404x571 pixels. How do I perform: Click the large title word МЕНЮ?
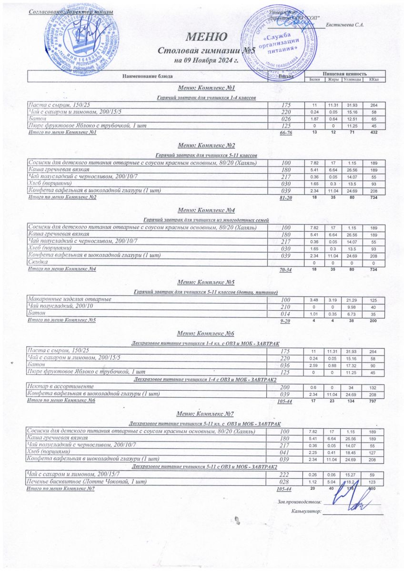[206, 37]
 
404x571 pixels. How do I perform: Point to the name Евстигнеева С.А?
[345, 25]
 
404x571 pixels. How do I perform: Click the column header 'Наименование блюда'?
[148, 76]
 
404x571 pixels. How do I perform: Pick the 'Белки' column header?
[314, 79]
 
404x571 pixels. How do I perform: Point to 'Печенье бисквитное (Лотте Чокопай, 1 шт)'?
[87, 482]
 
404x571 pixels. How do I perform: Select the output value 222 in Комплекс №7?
[285, 475]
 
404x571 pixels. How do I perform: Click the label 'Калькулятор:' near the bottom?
[306, 512]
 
